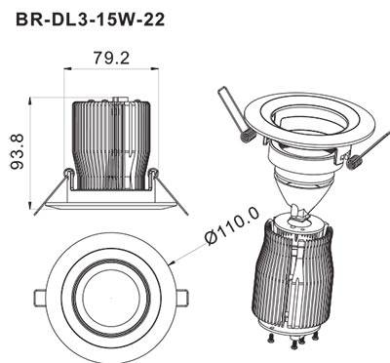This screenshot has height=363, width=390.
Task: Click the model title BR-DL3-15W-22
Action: click(90, 20)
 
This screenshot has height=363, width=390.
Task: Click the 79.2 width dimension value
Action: click(111, 59)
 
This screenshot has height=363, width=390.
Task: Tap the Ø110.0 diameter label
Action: click(233, 224)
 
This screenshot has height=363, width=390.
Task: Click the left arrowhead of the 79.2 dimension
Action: click(67, 68)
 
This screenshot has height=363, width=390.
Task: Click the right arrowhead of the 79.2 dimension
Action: click(155, 68)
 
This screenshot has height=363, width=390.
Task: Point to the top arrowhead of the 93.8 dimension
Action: click(30, 101)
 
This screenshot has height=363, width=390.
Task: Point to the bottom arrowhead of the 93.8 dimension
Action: click(30, 206)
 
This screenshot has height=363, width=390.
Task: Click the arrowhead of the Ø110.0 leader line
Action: click(174, 262)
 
